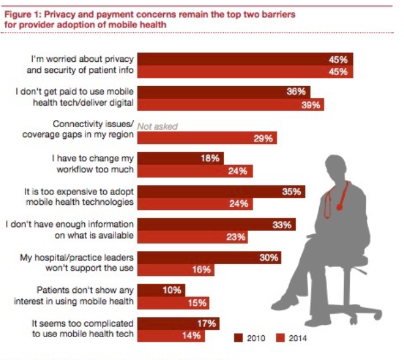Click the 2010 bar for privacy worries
(x=245, y=59)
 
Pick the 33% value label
(x=282, y=225)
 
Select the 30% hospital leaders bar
(x=210, y=258)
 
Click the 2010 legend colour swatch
(x=239, y=338)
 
